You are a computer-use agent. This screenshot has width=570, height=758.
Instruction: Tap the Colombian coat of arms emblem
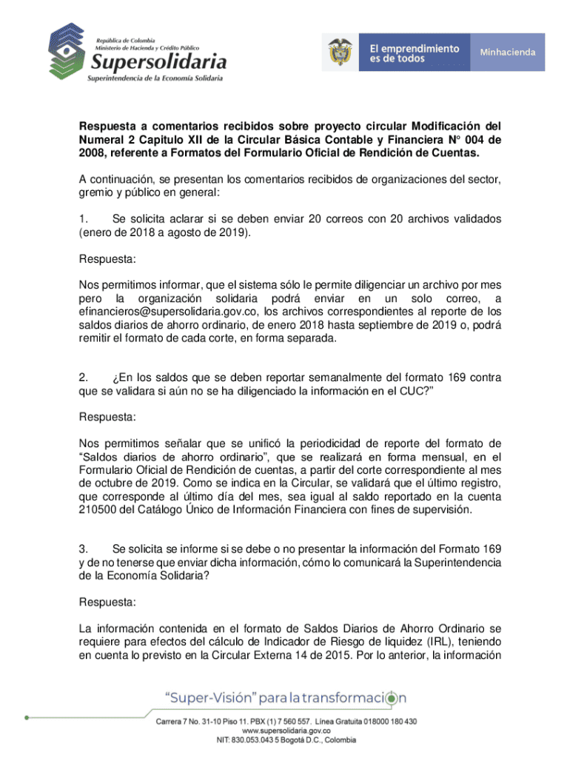point(340,52)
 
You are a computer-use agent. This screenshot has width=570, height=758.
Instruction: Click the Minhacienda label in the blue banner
point(508,52)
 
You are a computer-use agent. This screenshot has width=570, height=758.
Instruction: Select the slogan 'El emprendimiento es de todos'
point(414,52)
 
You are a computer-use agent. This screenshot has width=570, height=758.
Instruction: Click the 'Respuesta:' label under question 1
point(107,260)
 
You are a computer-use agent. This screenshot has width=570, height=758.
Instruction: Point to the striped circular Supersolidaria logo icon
point(69,50)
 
